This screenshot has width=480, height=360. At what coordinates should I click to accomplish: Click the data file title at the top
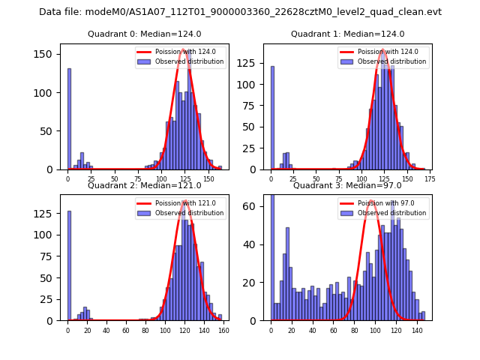(240, 12)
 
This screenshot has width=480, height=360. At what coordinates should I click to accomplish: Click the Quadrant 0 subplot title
(144, 34)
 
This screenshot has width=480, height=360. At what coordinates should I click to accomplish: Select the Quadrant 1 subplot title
(347, 34)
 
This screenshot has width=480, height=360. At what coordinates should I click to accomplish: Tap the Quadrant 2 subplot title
(144, 185)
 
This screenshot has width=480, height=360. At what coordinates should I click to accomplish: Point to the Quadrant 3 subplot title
(347, 185)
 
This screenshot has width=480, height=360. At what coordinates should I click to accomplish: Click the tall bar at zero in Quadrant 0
(69, 120)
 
